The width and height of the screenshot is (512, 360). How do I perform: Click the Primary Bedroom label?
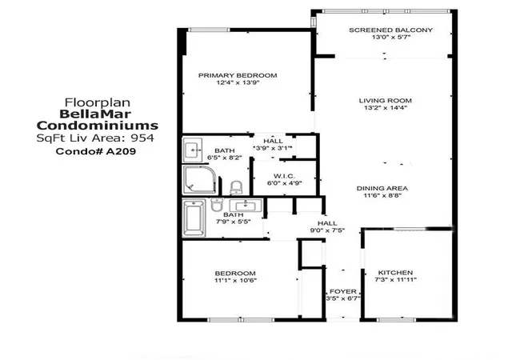click(238, 75)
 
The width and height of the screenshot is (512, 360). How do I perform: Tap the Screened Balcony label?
click(391, 30)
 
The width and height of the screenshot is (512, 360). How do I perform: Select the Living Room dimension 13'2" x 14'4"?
click(386, 108)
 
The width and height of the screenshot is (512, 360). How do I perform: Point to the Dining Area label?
click(382, 189)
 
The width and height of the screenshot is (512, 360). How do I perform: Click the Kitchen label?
click(395, 273)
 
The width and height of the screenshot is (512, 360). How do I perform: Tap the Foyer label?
click(343, 291)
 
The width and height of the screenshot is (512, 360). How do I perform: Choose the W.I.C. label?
click(285, 177)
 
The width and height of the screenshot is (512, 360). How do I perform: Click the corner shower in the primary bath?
click(199, 180)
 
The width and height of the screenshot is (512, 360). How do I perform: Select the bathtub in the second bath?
click(194, 218)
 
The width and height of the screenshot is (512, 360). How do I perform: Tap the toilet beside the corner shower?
click(236, 187)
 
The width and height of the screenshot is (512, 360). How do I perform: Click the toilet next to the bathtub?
click(217, 205)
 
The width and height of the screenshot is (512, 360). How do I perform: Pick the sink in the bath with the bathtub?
click(246, 206)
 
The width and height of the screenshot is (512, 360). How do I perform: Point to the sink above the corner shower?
click(193, 150)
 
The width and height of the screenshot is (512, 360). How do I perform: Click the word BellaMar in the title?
click(95, 114)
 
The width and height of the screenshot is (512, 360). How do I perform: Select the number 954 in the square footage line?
click(142, 138)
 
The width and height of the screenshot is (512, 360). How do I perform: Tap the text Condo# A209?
click(96, 151)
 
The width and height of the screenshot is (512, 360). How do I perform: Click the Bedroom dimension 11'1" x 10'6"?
click(235, 280)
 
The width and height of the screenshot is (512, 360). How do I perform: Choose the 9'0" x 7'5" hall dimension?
click(327, 230)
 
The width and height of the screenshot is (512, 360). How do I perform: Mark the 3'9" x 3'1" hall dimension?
click(273, 148)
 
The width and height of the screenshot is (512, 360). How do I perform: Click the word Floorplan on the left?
click(98, 102)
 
